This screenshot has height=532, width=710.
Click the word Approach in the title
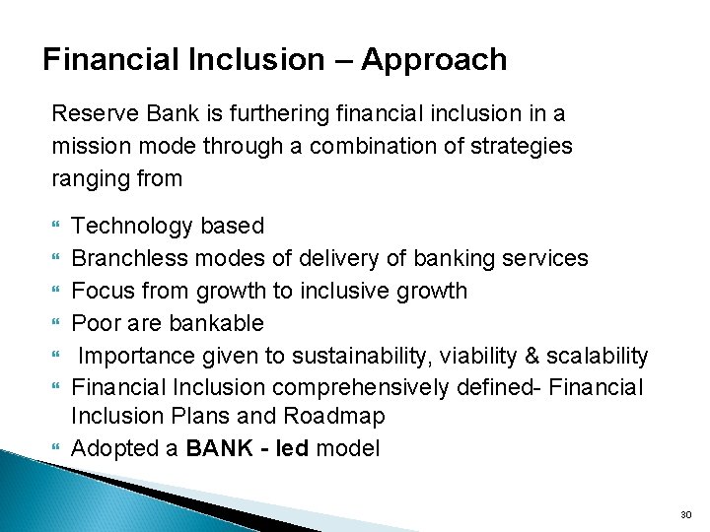click(434, 61)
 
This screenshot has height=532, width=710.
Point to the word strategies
click(531, 146)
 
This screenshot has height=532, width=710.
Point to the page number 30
click(685, 514)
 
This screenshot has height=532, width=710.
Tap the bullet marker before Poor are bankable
click(55, 324)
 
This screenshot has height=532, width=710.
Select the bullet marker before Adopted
click(55, 447)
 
